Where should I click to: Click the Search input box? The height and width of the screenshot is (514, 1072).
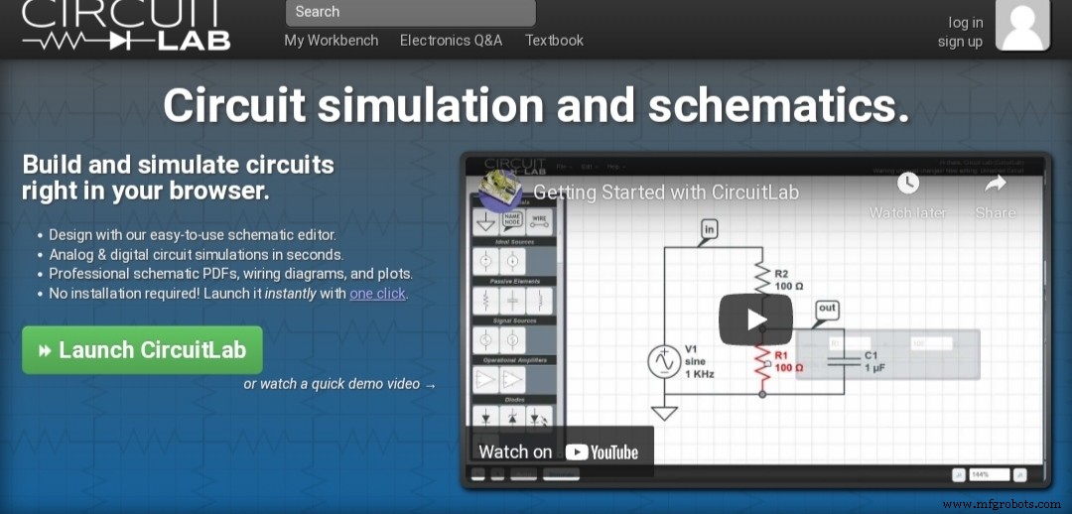(x=410, y=12)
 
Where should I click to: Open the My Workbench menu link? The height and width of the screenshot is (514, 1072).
(x=332, y=41)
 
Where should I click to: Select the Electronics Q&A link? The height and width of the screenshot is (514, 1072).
(x=451, y=41)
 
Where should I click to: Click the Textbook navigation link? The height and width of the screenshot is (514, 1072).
(x=554, y=41)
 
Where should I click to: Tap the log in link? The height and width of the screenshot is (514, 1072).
(x=965, y=23)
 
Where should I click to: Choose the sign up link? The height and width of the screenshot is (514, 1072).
(x=960, y=42)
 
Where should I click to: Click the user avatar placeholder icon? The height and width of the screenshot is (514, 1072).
(x=1021, y=25)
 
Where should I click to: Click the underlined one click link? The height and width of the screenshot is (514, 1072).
(x=377, y=294)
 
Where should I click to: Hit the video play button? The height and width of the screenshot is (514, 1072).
(x=756, y=319)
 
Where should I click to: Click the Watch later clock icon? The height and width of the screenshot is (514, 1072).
(x=908, y=183)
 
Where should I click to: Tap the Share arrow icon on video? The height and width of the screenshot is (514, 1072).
(x=995, y=183)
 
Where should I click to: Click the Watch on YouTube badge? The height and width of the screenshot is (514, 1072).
(x=559, y=451)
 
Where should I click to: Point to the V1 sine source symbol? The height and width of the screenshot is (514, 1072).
(x=662, y=362)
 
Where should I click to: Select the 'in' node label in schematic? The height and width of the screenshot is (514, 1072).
(x=709, y=230)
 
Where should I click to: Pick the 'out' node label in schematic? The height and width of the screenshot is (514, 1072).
(x=827, y=310)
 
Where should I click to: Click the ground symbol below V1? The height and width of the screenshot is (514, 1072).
(x=662, y=411)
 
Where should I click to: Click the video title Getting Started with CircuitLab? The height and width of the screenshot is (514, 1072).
(x=666, y=193)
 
